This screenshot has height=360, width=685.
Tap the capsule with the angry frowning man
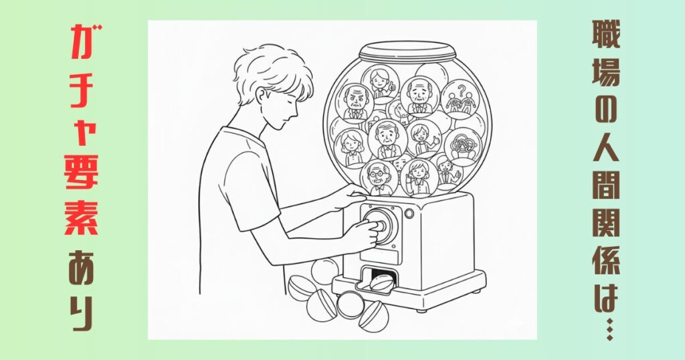click(355, 104)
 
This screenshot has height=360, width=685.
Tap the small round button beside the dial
click(409, 213)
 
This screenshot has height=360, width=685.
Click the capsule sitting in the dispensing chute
click(381, 282)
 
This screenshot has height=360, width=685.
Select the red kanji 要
click(82, 171)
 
